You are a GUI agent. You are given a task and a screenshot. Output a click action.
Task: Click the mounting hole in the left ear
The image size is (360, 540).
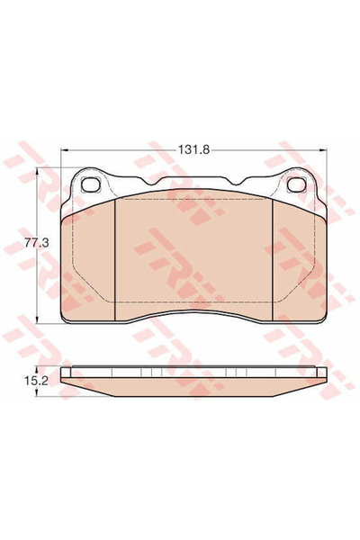point(92,187)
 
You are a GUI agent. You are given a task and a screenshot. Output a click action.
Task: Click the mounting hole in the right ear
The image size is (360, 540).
point(297,187)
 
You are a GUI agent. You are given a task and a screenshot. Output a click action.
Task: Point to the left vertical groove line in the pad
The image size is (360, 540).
point(118,256)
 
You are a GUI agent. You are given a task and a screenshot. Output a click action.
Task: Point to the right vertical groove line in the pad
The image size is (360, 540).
point(273,256)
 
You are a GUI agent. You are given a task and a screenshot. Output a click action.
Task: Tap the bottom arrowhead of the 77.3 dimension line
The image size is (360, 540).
point(36,322)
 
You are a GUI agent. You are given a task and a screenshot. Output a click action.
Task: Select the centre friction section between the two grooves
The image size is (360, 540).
point(195,256)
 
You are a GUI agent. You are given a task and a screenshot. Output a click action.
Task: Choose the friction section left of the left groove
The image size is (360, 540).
point(90,261)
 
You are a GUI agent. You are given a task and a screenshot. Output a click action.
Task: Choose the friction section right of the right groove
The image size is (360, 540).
point(299,261)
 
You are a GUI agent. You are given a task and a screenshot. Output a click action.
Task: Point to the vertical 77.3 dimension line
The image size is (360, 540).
point(36,279)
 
